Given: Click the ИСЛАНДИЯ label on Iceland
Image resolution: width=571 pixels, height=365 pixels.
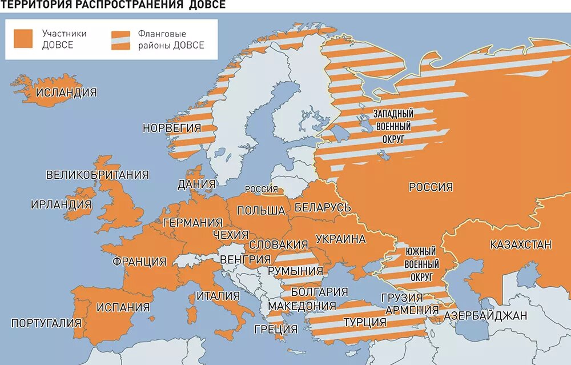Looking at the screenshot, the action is [66, 93].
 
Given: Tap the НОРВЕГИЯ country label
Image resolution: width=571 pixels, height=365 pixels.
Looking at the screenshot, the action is [171, 128].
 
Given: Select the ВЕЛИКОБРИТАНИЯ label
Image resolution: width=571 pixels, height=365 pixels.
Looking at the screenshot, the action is [98, 175].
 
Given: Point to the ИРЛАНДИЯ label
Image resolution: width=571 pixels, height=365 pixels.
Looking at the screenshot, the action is [61, 204].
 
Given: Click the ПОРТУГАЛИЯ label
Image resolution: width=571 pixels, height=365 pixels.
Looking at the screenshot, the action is [46, 322].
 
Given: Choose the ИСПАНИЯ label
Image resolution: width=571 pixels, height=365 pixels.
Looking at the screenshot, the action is [123, 307].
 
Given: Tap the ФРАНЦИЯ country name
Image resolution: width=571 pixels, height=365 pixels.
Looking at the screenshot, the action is [139, 262].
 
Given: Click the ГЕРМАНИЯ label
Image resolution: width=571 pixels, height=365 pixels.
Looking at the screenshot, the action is [192, 223].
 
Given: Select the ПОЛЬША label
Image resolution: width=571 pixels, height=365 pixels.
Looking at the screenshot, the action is [261, 210].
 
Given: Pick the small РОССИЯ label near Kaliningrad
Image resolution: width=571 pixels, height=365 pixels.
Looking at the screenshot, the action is [261, 190].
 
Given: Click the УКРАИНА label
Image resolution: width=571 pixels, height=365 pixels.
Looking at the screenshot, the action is [340, 239].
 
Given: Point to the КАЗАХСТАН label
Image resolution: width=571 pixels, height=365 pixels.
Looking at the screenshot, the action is [521, 245].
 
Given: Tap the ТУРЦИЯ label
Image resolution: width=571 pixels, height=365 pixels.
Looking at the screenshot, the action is [365, 322].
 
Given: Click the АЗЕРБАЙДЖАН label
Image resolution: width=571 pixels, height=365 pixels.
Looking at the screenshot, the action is [485, 315].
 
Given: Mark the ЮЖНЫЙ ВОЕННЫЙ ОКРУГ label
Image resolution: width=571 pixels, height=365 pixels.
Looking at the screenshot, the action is [421, 264].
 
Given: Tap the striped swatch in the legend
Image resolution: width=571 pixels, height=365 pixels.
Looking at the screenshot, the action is [119, 39].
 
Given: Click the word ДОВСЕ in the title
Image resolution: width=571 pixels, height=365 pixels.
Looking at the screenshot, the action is [205, 5].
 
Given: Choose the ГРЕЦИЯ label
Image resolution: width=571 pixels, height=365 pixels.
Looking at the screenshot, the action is [275, 329].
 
